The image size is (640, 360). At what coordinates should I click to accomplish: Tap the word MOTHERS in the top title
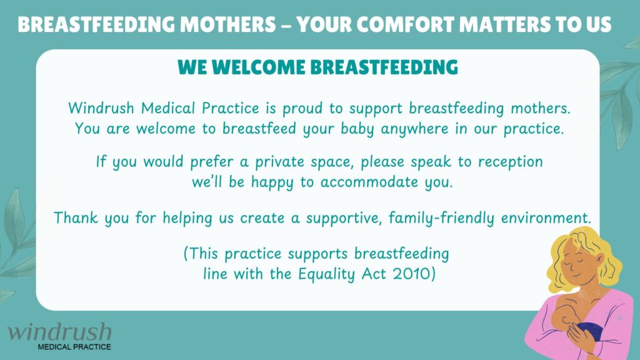227,24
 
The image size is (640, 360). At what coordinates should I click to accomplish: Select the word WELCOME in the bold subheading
258,67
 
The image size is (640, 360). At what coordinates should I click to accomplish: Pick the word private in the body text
279,162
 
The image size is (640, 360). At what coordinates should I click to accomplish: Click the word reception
510,162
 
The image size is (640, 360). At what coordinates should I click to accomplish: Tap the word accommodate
369,182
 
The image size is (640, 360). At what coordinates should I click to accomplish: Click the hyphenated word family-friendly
441,218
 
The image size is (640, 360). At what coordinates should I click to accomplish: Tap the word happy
272,182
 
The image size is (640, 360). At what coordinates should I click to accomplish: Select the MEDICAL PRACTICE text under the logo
74,347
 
